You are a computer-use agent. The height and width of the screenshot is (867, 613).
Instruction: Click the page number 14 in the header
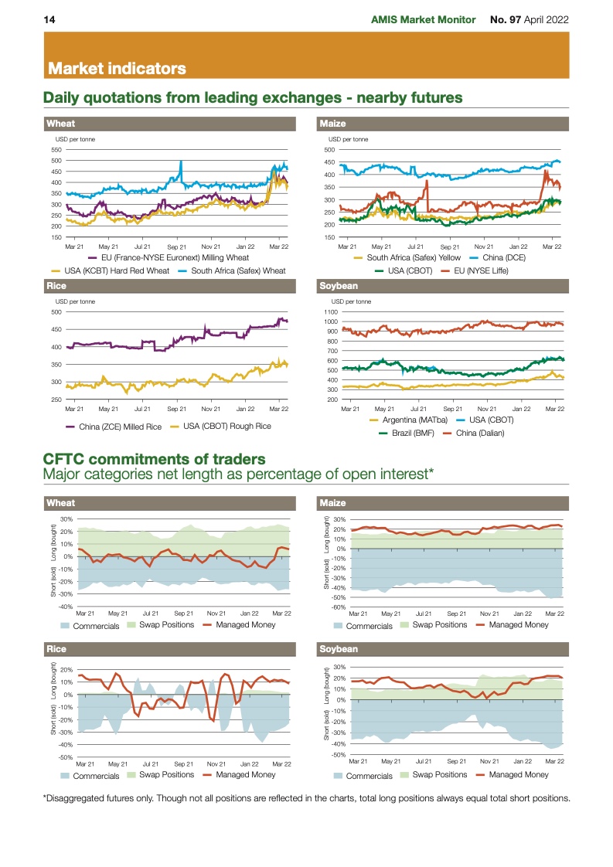click(48, 19)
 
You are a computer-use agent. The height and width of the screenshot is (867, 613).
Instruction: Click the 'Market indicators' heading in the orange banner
click(117, 69)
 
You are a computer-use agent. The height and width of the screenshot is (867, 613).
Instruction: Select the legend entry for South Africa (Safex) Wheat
click(238, 270)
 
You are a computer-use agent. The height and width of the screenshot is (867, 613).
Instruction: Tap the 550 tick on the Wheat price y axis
click(55, 150)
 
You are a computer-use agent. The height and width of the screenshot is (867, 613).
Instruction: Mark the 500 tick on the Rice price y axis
click(56, 312)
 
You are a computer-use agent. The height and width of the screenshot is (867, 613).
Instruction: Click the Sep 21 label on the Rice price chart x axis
click(177, 408)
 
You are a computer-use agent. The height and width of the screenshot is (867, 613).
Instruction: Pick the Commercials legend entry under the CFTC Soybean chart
click(372, 775)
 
